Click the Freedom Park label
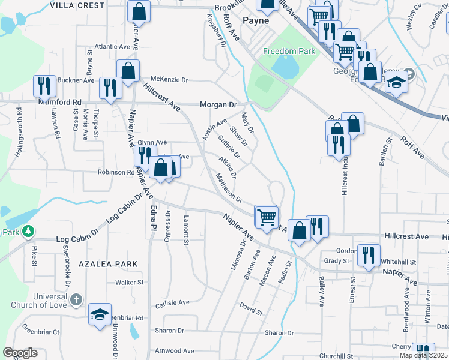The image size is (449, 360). [289, 51]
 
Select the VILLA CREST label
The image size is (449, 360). [78, 5]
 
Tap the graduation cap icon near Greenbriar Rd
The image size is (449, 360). [100, 314]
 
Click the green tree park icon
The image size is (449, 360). [28, 231]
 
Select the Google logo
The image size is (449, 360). [20, 353]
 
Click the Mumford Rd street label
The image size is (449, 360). [59, 103]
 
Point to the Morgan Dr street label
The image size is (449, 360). [218, 104]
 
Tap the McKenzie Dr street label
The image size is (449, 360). [169, 79]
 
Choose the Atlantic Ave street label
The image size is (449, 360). [112, 46]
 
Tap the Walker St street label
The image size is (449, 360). [130, 282]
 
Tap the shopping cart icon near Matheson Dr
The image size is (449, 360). [267, 215]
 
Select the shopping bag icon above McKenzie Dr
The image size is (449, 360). [128, 70]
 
